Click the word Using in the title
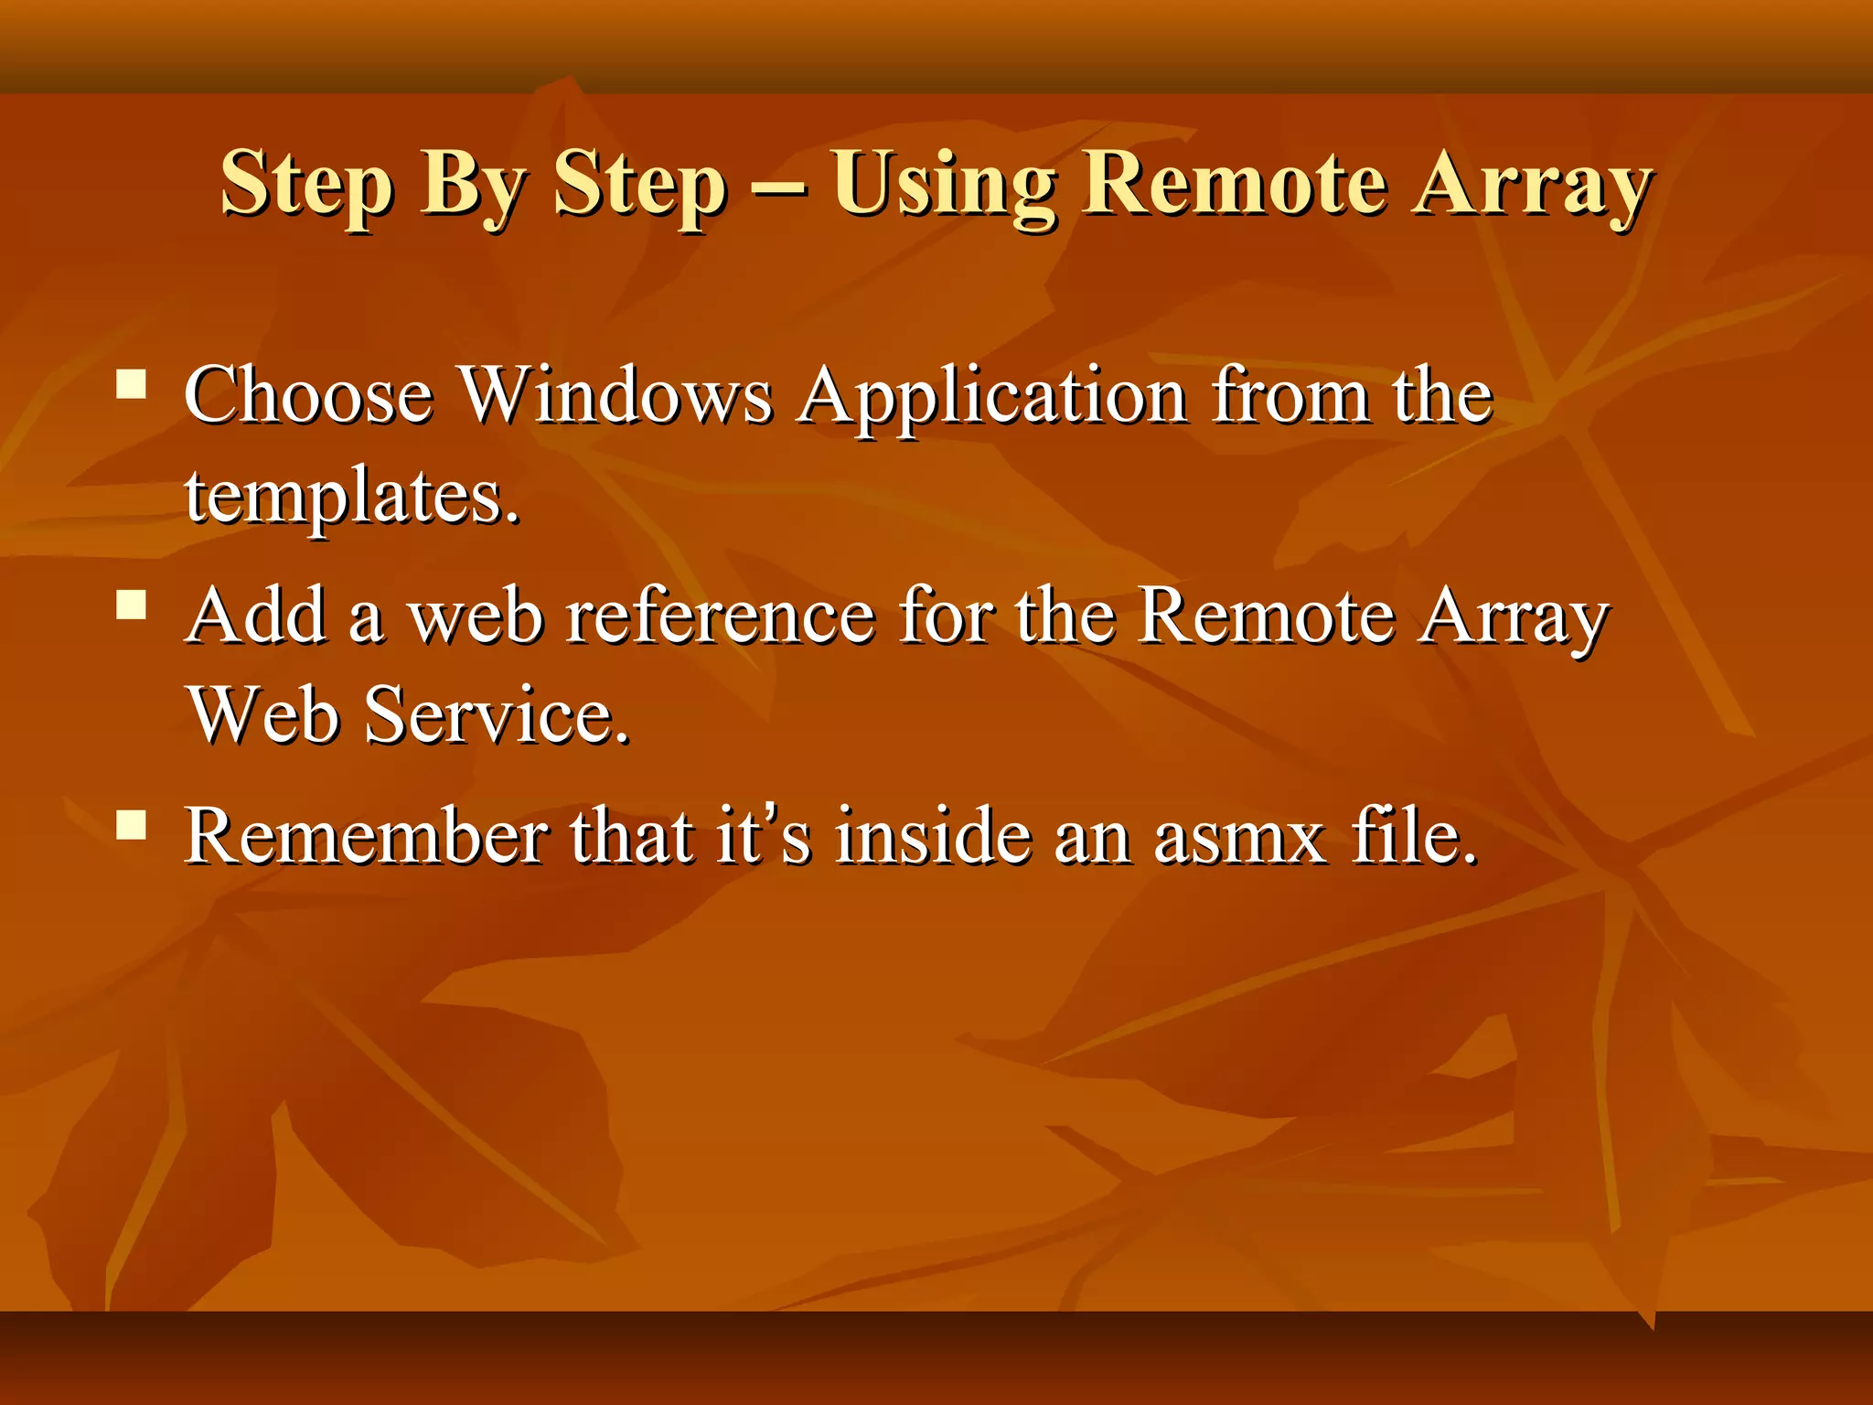pos(944,186)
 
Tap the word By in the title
pos(473,186)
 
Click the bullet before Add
pos(133,606)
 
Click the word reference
pos(720,617)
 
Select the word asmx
pos(1239,837)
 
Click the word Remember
pos(367,835)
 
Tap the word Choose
pos(308,395)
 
